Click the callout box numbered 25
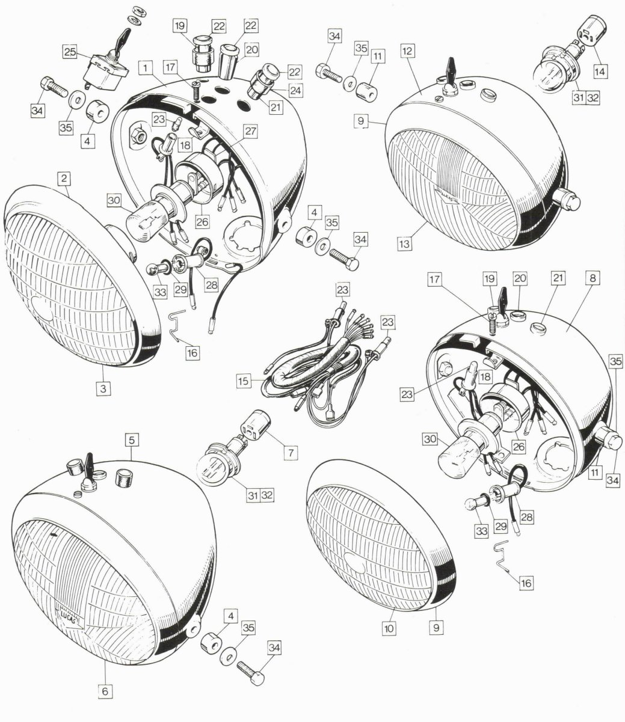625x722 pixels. pos(70,52)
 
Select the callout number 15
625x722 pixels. pos(244,381)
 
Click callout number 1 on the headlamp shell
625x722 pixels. pos(146,68)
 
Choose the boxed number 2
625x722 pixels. pos(64,179)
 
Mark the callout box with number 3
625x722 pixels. pos(103,388)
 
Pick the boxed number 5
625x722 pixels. pos(132,440)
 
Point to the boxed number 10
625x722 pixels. pos(389,629)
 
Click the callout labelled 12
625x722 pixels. pos(407,51)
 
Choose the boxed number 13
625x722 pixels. pos(404,243)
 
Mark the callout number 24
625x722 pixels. pos(296,90)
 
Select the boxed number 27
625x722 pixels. pos(251,131)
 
